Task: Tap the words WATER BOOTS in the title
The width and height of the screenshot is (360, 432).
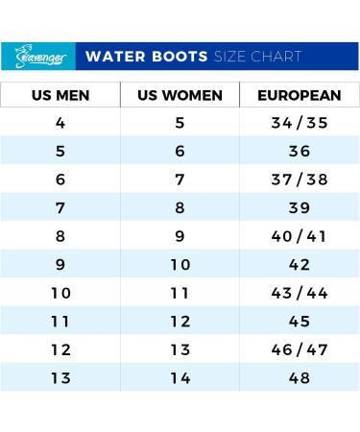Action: pyautogui.click(x=147, y=57)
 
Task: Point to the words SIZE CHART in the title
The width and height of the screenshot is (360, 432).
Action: pyautogui.click(x=256, y=57)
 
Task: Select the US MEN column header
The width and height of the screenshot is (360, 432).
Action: pyautogui.click(x=61, y=96)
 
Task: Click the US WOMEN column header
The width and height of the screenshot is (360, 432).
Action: pyautogui.click(x=180, y=96)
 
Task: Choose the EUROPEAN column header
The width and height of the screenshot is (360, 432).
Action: pyautogui.click(x=299, y=96)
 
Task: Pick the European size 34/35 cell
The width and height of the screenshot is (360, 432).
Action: pyautogui.click(x=299, y=123)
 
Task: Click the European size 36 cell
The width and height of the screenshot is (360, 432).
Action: pyautogui.click(x=299, y=152)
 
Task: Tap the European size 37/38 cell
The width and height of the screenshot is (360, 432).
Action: pyautogui.click(x=299, y=180)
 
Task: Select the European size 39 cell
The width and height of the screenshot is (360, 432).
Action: pyautogui.click(x=299, y=208)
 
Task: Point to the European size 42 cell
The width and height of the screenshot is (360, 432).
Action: pyautogui.click(x=299, y=265)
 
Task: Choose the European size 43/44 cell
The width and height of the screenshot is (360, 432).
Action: pyautogui.click(x=299, y=293)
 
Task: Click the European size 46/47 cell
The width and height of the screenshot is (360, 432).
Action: pyautogui.click(x=299, y=349)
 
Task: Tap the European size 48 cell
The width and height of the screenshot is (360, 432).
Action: pyautogui.click(x=299, y=378)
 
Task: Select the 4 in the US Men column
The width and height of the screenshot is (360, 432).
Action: pyautogui.click(x=61, y=123)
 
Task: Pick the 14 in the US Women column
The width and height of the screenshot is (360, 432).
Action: pyautogui.click(x=180, y=378)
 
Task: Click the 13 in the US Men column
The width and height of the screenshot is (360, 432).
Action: pyautogui.click(x=61, y=378)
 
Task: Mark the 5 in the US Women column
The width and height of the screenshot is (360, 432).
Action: pyautogui.click(x=180, y=123)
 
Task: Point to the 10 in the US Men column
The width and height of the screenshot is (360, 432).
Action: pyautogui.click(x=61, y=293)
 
